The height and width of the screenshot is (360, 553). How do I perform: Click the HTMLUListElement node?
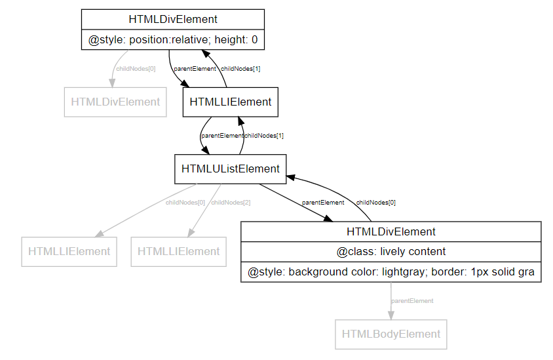(x=230, y=169)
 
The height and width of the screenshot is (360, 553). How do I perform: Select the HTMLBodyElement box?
(x=391, y=334)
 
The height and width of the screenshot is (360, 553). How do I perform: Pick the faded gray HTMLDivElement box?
(x=115, y=102)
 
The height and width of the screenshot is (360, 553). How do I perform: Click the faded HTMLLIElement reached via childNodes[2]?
(x=178, y=251)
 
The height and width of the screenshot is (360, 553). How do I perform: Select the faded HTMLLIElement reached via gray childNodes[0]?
(x=69, y=251)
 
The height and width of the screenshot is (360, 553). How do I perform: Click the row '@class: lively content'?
(x=391, y=251)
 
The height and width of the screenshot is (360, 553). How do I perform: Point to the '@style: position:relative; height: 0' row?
(x=173, y=40)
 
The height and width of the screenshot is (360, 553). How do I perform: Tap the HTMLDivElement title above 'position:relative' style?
(x=173, y=20)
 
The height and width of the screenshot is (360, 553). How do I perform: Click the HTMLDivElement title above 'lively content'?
(x=391, y=231)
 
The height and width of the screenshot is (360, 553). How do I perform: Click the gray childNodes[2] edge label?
(x=231, y=203)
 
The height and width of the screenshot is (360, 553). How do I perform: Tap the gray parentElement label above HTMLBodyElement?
(x=412, y=301)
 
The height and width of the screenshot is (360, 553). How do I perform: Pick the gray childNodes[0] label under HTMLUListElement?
(x=185, y=203)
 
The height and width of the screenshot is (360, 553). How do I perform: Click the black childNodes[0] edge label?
(x=375, y=203)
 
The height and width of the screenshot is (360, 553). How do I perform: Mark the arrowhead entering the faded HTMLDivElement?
(x=112, y=83)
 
